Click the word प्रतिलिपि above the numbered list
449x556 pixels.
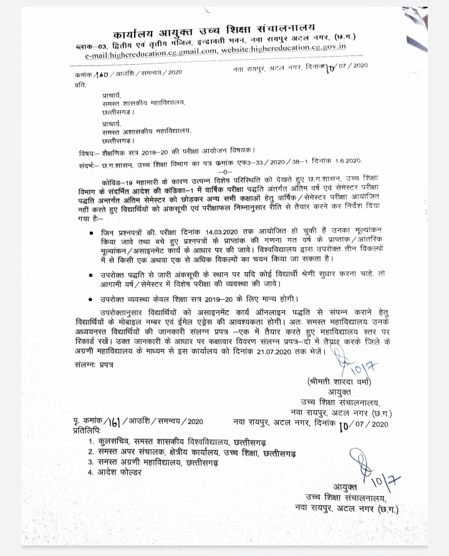pyautogui.click(x=86, y=431)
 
